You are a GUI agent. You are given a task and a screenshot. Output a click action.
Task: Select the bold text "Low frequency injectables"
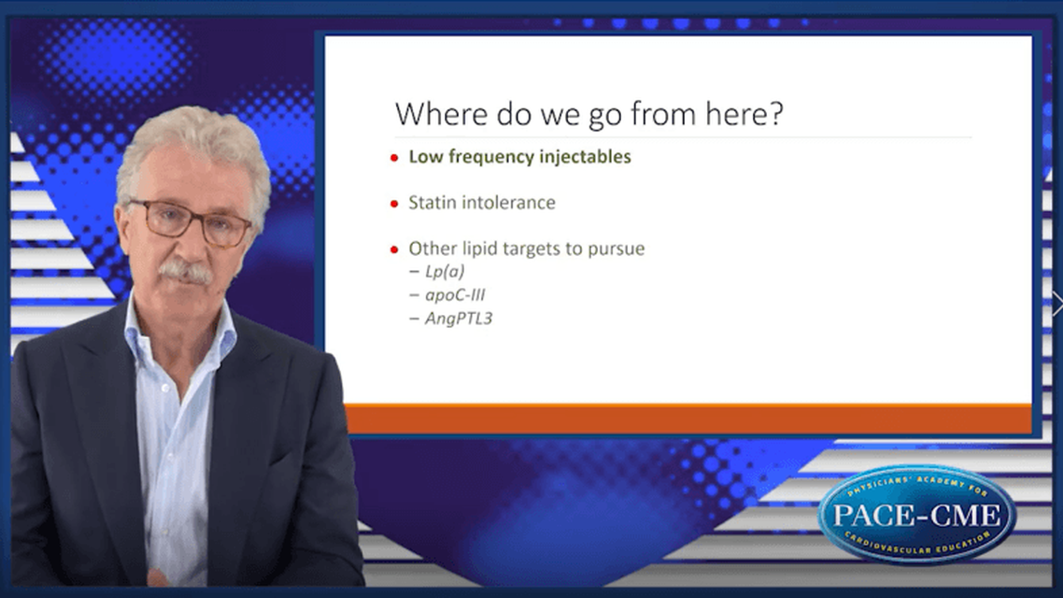tap(519, 157)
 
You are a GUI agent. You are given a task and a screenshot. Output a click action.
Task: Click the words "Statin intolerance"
tap(482, 202)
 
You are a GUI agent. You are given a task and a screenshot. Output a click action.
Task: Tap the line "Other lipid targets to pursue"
tap(526, 249)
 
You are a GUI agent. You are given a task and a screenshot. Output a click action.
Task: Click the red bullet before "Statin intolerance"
tap(394, 203)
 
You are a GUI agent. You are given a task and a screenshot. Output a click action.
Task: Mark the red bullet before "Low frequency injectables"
tap(394, 158)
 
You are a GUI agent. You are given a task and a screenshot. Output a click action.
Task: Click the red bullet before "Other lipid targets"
tap(394, 249)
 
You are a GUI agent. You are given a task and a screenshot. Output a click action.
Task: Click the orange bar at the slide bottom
tap(687, 418)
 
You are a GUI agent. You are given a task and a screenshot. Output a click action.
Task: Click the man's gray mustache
tap(184, 272)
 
